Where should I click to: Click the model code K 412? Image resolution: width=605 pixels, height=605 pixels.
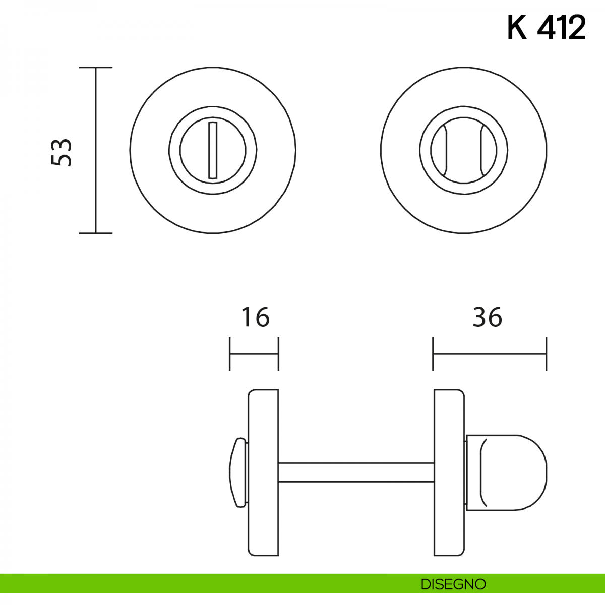pyautogui.click(x=547, y=28)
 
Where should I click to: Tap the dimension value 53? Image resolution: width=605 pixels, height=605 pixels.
pyautogui.click(x=62, y=152)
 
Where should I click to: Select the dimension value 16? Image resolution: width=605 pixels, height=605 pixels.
pyautogui.click(x=255, y=317)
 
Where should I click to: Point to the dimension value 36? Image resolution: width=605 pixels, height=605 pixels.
pyautogui.click(x=487, y=317)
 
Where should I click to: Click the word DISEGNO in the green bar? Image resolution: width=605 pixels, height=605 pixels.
pyautogui.click(x=453, y=584)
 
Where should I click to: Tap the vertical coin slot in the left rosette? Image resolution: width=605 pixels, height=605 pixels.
pyautogui.click(x=213, y=150)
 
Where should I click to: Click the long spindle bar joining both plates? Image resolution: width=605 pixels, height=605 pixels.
pyautogui.click(x=356, y=472)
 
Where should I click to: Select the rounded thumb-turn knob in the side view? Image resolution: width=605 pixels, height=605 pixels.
pyautogui.click(x=506, y=472)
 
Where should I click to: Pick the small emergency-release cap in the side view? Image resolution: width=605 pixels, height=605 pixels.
pyautogui.click(x=238, y=472)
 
